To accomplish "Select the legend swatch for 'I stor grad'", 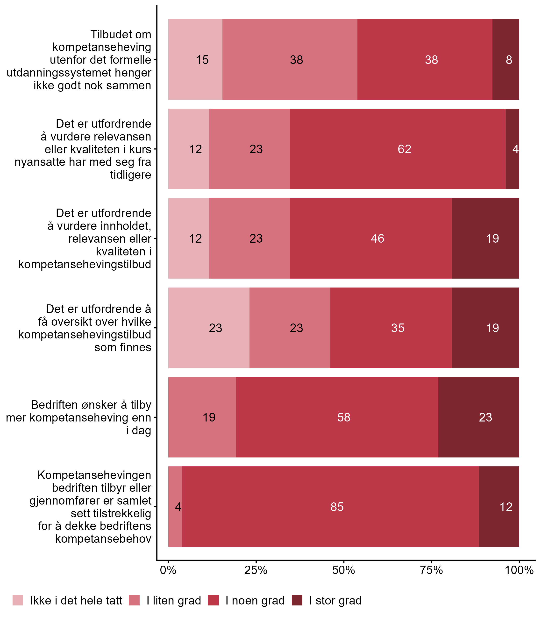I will tap(297, 600).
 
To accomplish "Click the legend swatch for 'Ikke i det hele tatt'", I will tap(18, 600).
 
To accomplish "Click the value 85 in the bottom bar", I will tap(337, 507).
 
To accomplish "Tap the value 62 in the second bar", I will tap(404, 149).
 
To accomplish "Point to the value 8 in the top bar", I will tap(509, 60).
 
